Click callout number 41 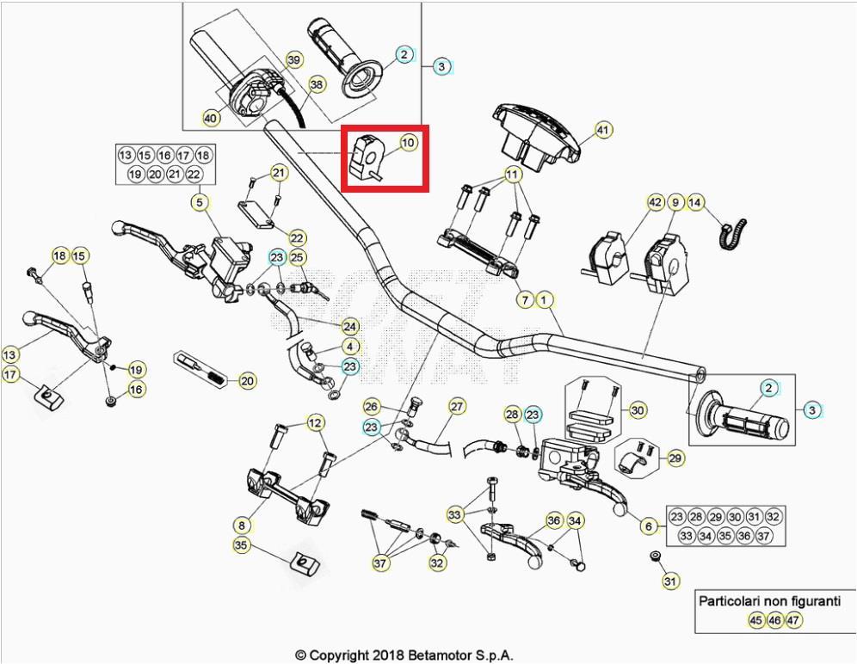602,131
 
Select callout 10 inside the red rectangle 408,142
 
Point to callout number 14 695,202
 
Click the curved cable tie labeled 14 733,231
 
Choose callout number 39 294,59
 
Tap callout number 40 210,118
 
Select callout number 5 199,203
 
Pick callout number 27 457,406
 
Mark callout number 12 315,422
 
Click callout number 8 242,524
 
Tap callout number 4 350,346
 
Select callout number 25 298,257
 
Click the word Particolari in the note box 731,601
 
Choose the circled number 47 793,619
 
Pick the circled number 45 755,619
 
